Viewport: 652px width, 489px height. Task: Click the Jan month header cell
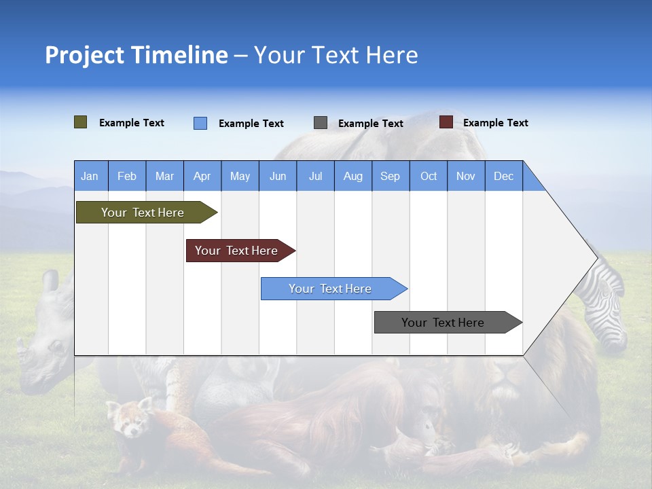pyautogui.click(x=90, y=177)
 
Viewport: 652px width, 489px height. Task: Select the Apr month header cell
pyautogui.click(x=202, y=177)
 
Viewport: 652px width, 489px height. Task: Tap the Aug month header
pyautogui.click(x=352, y=177)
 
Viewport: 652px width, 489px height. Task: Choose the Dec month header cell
pyautogui.click(x=503, y=177)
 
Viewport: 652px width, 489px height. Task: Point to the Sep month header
pyautogui.click(x=391, y=177)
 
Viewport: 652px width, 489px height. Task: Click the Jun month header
pyautogui.click(x=278, y=177)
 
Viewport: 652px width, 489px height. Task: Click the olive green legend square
pyautogui.click(x=81, y=122)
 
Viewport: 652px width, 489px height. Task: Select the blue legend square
pyautogui.click(x=200, y=123)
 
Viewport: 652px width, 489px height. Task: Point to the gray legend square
pyautogui.click(x=321, y=123)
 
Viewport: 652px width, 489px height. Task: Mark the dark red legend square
pyautogui.click(x=446, y=122)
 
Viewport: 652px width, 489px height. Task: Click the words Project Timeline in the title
pyautogui.click(x=136, y=55)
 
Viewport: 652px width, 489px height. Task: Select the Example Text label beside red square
pyautogui.click(x=495, y=123)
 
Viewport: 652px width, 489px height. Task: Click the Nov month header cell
pyautogui.click(x=466, y=177)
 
